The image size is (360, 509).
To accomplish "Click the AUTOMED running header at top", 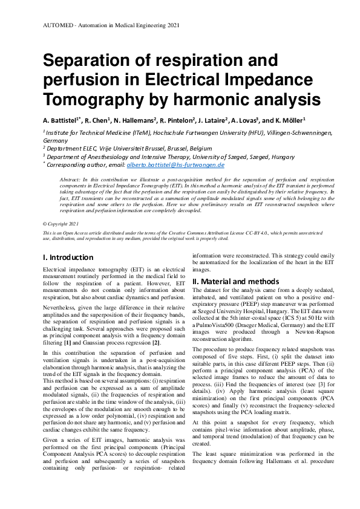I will pos(111,25).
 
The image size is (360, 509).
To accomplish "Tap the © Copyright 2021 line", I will pos(63,223).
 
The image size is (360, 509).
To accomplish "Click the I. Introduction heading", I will pos(68,257).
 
